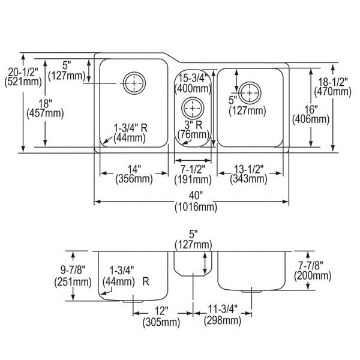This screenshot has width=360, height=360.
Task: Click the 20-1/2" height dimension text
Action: click(x=23, y=72)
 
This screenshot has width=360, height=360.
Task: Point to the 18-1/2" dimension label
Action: click(x=332, y=82)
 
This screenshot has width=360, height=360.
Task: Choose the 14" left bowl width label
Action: click(x=134, y=169)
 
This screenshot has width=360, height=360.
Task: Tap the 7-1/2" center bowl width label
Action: click(x=193, y=170)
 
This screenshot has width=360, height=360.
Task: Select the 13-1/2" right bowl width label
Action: click(x=248, y=169)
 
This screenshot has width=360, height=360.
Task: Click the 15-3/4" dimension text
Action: click(x=193, y=78)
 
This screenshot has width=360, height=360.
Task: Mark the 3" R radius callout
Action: click(x=194, y=125)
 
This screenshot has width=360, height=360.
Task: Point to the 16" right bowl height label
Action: click(x=311, y=109)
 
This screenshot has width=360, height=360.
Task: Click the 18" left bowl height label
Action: click(x=45, y=103)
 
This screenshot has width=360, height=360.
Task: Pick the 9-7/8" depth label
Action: click(x=73, y=270)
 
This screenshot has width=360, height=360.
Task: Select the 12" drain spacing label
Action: click(x=161, y=311)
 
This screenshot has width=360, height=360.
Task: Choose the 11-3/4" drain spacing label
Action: click(x=223, y=309)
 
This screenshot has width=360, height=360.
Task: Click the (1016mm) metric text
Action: click(x=196, y=208)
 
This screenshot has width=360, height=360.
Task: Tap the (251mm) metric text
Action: click(x=73, y=282)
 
